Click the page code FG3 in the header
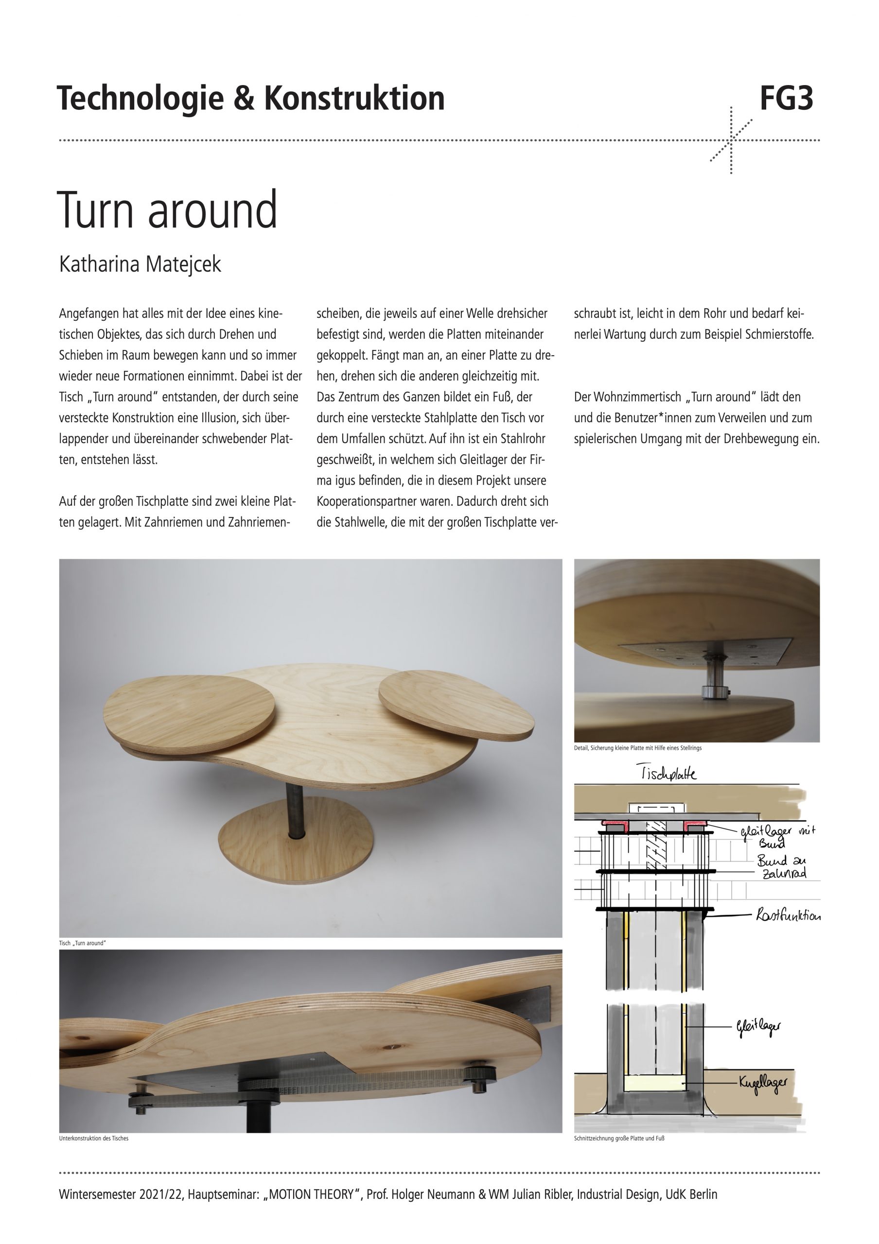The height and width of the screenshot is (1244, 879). pos(786,99)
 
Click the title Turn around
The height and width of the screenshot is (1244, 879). pos(167,210)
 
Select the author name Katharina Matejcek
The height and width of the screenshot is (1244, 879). pos(141,264)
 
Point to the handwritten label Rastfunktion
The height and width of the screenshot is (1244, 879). pos(789,916)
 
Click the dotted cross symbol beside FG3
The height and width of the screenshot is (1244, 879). pos(731,140)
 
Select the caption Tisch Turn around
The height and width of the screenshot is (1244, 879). pos(82,943)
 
